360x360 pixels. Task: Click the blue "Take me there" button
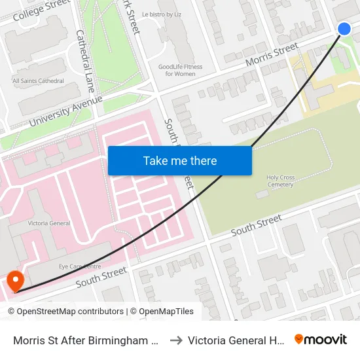[x=180, y=160]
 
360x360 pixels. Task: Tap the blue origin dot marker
[x=344, y=28]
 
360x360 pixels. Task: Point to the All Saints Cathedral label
[x=38, y=81]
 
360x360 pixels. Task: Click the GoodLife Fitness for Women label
[x=180, y=70]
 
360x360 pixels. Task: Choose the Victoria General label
[x=49, y=223]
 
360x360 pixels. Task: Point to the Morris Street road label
[x=272, y=54]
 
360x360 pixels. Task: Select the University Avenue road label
[x=65, y=111]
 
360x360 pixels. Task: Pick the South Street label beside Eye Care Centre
[x=101, y=278]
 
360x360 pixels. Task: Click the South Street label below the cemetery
[x=256, y=225]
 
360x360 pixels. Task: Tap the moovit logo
[x=321, y=339]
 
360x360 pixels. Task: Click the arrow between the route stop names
[x=175, y=340]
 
